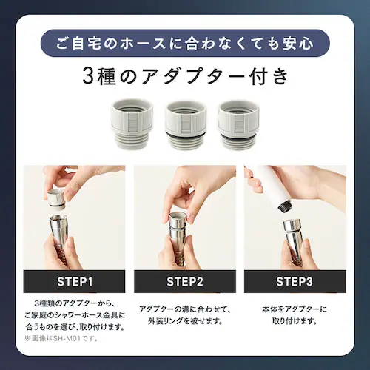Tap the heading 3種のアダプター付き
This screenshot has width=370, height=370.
184,76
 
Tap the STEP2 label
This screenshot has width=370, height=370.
184,281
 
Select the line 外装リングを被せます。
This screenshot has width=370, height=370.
184,322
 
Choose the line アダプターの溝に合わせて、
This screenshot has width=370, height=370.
184,308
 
